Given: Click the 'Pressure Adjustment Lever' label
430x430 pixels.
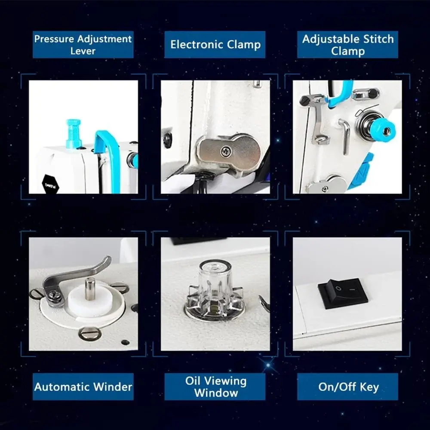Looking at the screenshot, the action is click(x=83, y=45).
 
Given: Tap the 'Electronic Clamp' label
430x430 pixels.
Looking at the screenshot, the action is click(x=215, y=45).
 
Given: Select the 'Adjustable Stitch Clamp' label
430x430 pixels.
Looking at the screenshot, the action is click(x=347, y=45).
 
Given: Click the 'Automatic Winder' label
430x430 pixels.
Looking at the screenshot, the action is click(x=83, y=387).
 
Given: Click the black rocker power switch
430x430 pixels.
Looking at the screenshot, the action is click(x=343, y=294).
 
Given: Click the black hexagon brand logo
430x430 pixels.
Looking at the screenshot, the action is click(x=50, y=184).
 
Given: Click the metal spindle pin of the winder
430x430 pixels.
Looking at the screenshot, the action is click(x=89, y=289).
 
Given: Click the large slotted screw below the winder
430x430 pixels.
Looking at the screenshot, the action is click(x=90, y=334).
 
